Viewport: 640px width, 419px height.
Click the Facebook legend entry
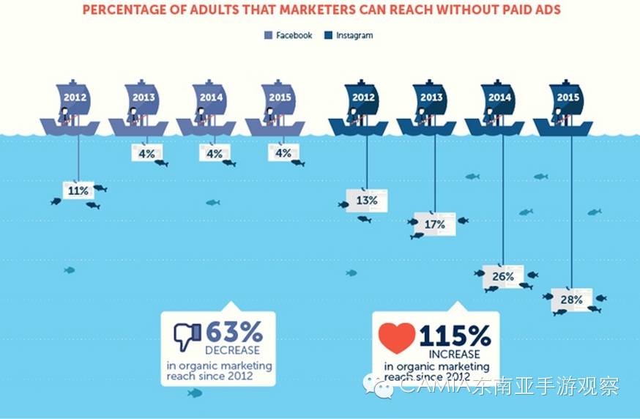pos(289,35)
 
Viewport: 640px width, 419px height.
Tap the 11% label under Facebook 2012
pos(78,190)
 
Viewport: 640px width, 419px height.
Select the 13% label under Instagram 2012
pos(367,200)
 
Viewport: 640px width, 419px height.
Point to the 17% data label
pos(435,224)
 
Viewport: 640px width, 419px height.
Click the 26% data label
pos(503,276)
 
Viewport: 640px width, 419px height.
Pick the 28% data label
pos(572,299)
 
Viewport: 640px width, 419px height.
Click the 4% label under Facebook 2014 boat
pos(215,153)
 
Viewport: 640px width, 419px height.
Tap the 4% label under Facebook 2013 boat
pos(146,153)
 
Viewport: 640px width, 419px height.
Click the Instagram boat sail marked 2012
pos(363,98)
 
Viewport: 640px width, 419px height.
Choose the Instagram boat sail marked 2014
pos(499,98)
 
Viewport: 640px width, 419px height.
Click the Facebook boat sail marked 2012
pos(75,98)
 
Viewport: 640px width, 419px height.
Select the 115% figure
pos(455,336)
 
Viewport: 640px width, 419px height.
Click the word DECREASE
pos(232,350)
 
